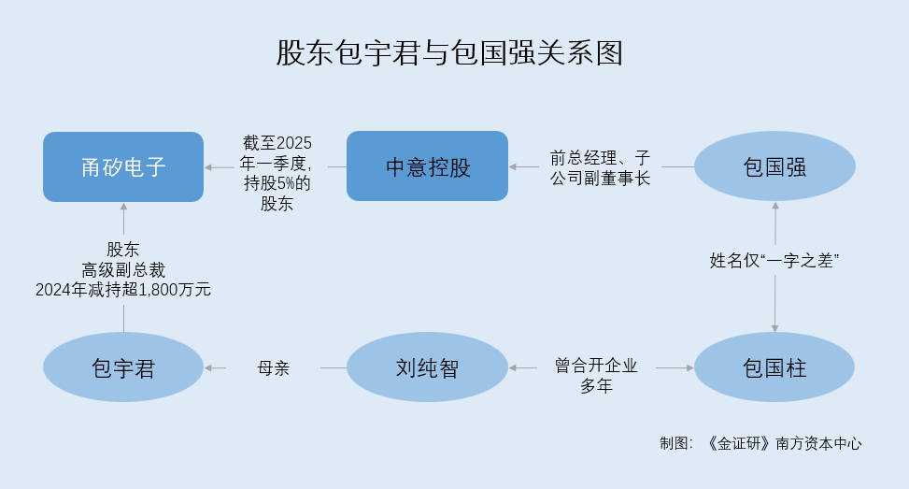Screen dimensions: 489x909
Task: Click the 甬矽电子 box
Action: pos(123,166)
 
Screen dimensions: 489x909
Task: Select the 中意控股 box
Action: pos(427,166)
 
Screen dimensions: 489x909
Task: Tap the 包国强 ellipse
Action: pos(774,166)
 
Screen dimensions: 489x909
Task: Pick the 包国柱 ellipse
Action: pos(774,367)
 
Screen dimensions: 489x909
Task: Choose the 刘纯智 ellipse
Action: pos(427,367)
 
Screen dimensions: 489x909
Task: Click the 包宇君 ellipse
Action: pos(123,367)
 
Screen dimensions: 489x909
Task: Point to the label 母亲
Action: pos(274,367)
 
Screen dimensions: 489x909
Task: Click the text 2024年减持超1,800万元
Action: pos(123,289)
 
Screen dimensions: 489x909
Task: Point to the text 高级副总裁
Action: pos(123,269)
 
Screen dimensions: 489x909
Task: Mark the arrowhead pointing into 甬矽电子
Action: pos(209,166)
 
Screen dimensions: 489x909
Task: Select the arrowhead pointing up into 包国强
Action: pos(775,206)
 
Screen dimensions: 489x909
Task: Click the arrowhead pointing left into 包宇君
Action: pos(209,367)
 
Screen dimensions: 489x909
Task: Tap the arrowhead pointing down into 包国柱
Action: pos(775,327)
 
